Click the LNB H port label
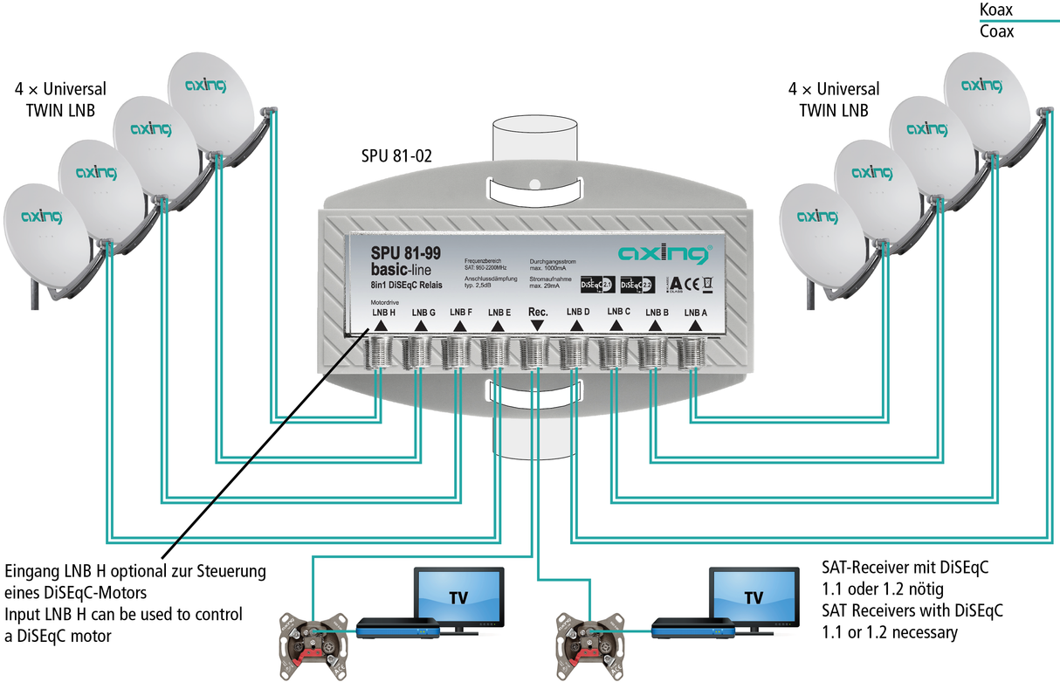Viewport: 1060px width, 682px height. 383,312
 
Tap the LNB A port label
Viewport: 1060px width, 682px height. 695,312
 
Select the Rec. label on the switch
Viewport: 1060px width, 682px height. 538,311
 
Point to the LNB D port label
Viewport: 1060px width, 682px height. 578,312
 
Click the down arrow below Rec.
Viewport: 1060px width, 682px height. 537,325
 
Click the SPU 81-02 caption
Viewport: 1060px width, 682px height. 398,157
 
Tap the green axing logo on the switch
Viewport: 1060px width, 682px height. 663,254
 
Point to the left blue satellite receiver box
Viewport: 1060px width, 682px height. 397,627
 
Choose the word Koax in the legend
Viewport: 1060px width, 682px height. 996,10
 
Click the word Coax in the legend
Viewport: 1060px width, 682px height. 996,31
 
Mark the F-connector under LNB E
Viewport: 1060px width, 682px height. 496,353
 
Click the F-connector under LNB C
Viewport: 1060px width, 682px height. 616,353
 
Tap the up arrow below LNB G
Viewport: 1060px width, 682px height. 420,326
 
